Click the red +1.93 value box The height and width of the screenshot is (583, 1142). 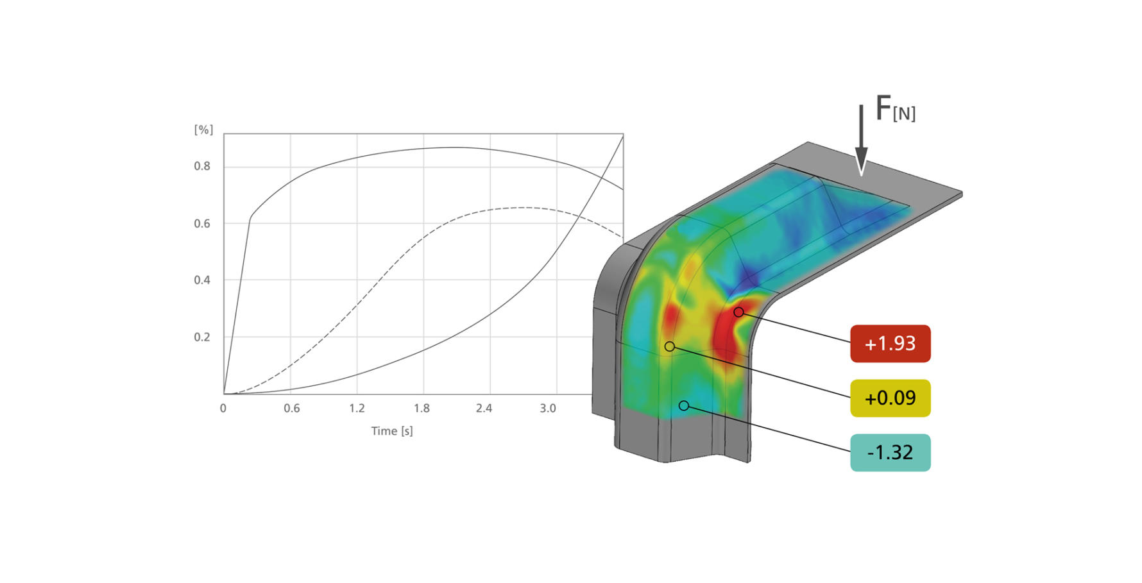(890, 344)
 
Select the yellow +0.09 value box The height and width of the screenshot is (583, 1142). (890, 398)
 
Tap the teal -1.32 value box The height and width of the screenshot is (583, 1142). (890, 453)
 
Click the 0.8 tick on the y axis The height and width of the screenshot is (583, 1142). (202, 166)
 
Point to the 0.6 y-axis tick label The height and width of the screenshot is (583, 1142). (202, 223)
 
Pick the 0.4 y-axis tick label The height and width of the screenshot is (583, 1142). (202, 280)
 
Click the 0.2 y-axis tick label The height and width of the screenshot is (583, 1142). (202, 337)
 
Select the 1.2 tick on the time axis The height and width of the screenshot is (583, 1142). (357, 408)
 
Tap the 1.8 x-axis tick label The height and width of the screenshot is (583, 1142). (422, 408)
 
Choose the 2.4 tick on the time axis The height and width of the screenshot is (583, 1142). (484, 408)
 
